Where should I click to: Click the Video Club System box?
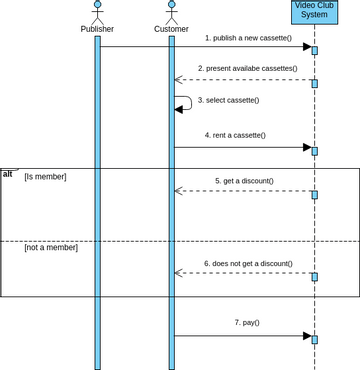click(x=314, y=10)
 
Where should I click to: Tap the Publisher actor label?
click(x=97, y=29)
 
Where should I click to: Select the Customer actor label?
click(x=171, y=29)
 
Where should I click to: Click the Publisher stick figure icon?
click(x=97, y=11)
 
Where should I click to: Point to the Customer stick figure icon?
click(x=171, y=11)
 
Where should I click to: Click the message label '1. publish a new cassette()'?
click(x=249, y=38)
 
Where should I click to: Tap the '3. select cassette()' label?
click(x=228, y=100)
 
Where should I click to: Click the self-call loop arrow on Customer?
click(x=184, y=103)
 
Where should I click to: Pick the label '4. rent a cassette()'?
click(x=235, y=135)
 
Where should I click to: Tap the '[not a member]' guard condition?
click(x=51, y=247)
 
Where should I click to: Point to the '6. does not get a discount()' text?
click(x=248, y=264)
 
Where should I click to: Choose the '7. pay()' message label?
click(x=246, y=323)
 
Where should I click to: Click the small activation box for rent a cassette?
click(x=314, y=151)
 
